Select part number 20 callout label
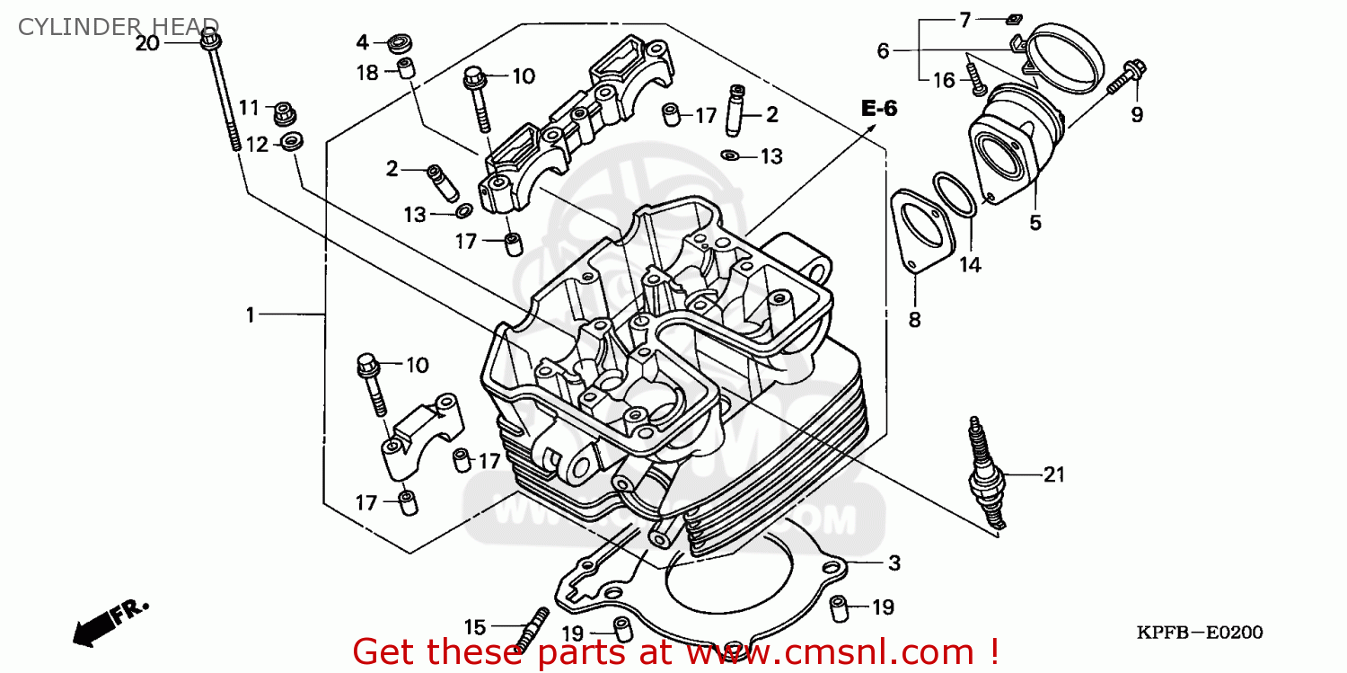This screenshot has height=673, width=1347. point(146,42)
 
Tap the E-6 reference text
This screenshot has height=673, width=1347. point(878,109)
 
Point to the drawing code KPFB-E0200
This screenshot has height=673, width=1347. point(1199,633)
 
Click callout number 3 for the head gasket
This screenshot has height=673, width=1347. point(894,563)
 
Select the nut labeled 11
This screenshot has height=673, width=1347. point(286,113)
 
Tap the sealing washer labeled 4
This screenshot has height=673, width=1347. point(397,42)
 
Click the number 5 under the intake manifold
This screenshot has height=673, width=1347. point(1034,222)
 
